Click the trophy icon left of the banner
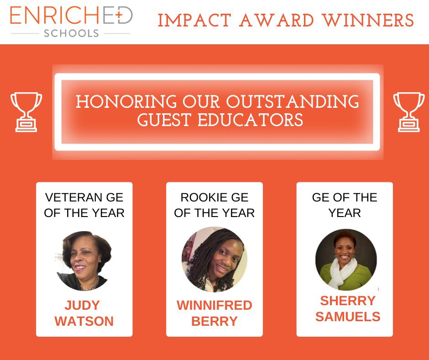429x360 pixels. click(26, 111)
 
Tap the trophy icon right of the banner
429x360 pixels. click(408, 111)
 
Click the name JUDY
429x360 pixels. click(84, 306)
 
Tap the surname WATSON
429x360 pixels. click(84, 321)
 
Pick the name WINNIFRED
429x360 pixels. click(214, 306)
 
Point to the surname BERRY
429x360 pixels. click(214, 321)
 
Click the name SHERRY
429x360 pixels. click(348, 301)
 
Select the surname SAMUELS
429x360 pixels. click(348, 317)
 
